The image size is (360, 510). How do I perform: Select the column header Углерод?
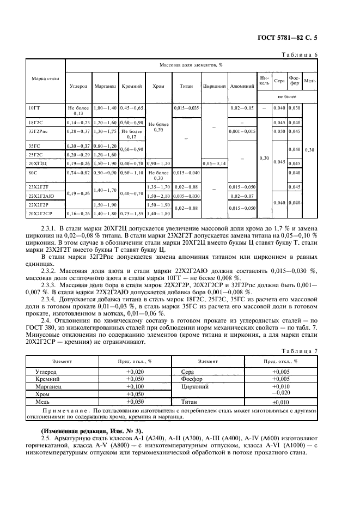click(78, 86)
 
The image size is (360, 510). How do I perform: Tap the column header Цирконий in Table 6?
click(214, 86)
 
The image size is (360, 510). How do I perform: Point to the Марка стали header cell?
click(41, 80)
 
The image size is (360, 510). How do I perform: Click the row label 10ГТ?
click(34, 108)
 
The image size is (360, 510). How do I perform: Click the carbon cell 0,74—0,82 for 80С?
click(78, 173)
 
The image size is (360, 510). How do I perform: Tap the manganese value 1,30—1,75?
click(105, 131)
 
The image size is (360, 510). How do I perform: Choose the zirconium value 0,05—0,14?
click(214, 163)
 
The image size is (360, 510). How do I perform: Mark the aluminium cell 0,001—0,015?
click(242, 131)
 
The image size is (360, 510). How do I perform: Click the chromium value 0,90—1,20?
click(158, 163)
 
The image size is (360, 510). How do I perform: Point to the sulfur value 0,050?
click(279, 131)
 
